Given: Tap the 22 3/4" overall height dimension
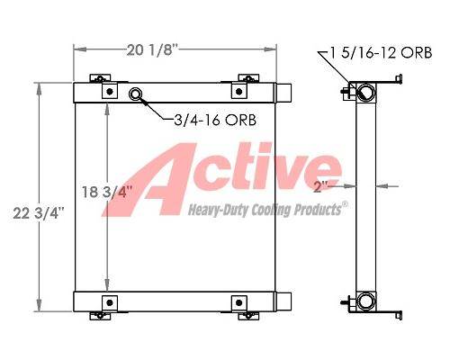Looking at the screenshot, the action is [39, 213].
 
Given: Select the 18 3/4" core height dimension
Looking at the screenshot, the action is [107, 192].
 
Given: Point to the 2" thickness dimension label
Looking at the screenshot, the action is [321, 187].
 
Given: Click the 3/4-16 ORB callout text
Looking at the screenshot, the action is [215, 120].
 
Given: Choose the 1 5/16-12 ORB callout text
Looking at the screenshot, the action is [381, 52].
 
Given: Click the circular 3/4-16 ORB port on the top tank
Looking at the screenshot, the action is [135, 94].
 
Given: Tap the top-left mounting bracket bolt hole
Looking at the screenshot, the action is [110, 91].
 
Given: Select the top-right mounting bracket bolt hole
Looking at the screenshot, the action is [239, 91].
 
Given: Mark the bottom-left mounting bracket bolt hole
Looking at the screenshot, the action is [110, 302].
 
